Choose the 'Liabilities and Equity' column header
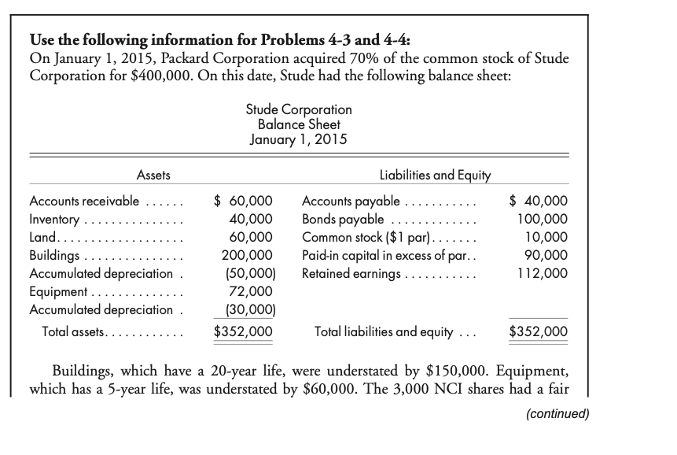click(435, 175)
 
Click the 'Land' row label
click(41, 237)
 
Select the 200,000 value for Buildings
click(248, 255)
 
